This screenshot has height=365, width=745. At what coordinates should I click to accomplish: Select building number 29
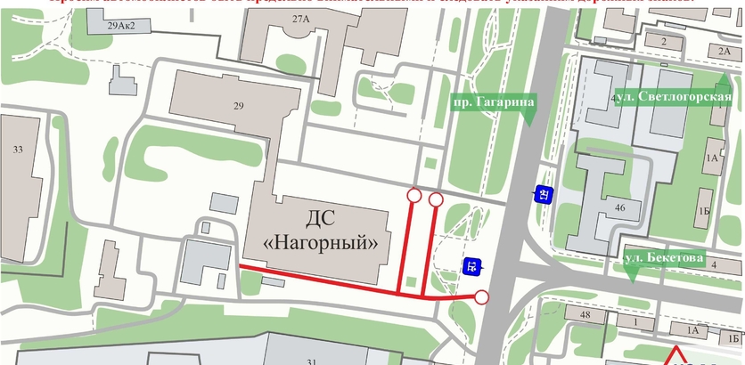(238, 107)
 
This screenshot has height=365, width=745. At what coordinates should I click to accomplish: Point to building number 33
(18, 149)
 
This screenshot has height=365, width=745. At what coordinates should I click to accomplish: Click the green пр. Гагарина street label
(493, 103)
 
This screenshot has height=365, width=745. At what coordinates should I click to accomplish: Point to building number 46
(620, 207)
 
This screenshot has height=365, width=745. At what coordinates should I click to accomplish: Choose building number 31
(311, 361)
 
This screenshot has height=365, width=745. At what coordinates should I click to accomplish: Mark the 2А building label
(724, 52)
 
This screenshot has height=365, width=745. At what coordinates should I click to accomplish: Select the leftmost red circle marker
(413, 195)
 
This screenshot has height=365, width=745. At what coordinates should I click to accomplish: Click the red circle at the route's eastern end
(481, 296)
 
